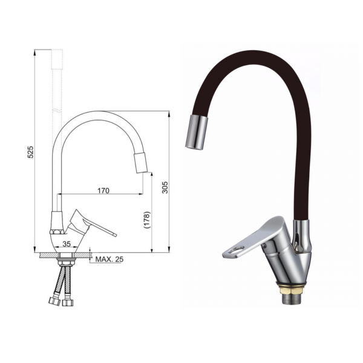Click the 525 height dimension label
coord(31,152)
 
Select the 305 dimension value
coord(165,188)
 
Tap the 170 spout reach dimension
coord(103,191)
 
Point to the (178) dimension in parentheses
coord(147,220)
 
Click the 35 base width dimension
coord(67,244)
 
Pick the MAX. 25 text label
coord(110,260)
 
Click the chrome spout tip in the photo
coord(196,132)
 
